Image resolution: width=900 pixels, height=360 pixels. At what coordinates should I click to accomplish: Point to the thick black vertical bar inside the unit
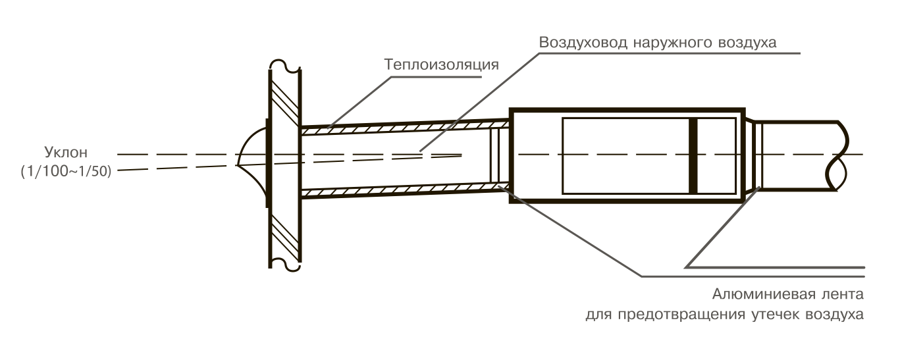pos(692,156)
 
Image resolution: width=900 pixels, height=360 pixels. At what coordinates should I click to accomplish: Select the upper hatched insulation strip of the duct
pos(402,125)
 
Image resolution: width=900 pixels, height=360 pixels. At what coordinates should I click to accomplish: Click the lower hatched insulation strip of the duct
pos(402,191)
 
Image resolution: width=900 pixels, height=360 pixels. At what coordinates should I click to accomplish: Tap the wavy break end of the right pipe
pos(837,155)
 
